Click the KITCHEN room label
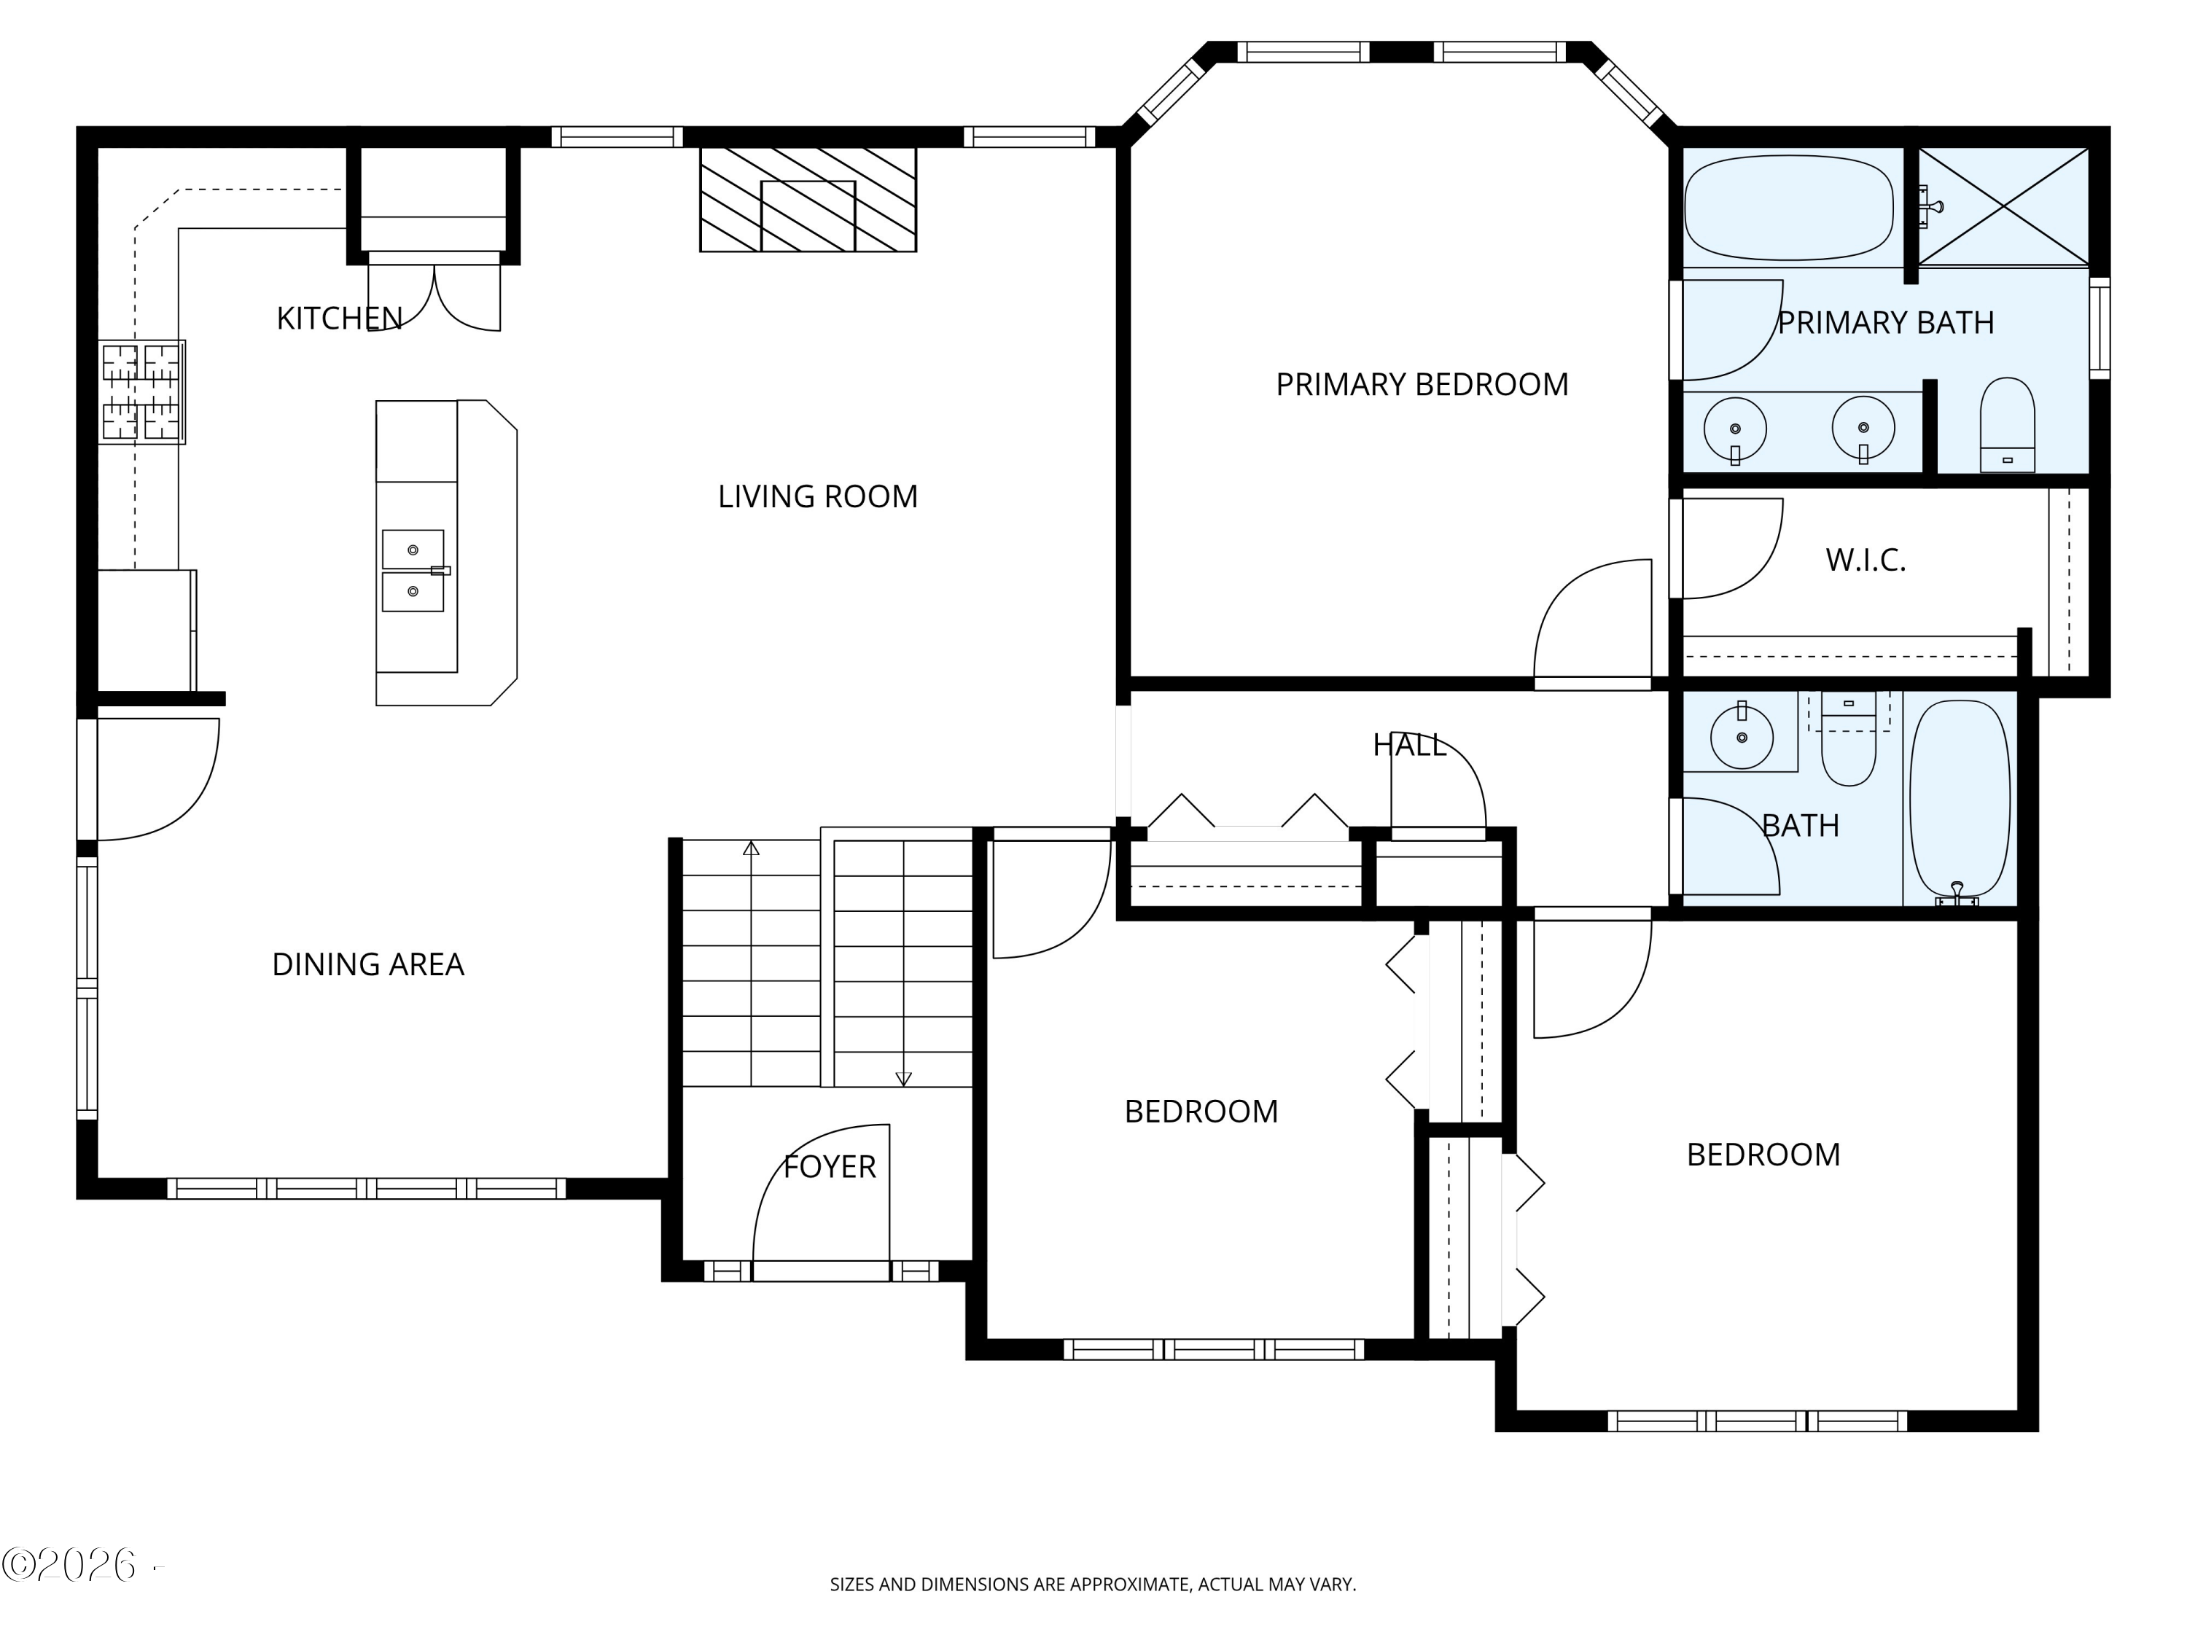point(339,319)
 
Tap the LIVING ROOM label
point(818,496)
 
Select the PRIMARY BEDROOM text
point(1422,385)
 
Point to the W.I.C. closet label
point(1865,561)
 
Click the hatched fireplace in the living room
point(808,200)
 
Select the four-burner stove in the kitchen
point(142,391)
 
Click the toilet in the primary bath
point(2007,425)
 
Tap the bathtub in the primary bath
point(1788,208)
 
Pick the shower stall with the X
point(2003,206)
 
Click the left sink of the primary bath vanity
point(1735,430)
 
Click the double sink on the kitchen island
point(413,571)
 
